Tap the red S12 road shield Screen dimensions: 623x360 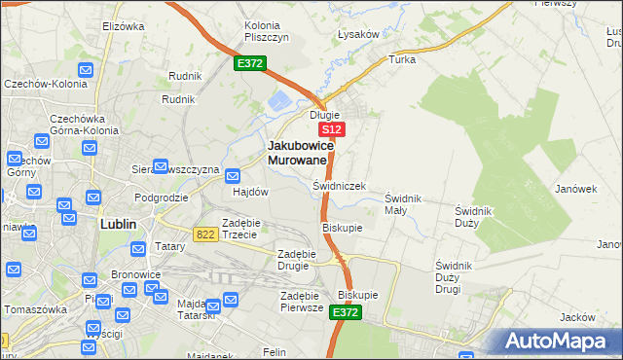(x=332, y=128)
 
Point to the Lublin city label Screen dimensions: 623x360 (x=118, y=223)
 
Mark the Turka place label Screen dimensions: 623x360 (x=402, y=59)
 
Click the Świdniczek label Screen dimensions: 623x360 (x=339, y=185)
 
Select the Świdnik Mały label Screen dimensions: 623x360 (x=402, y=203)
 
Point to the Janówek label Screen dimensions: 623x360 (x=575, y=189)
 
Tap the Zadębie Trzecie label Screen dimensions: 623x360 (x=239, y=228)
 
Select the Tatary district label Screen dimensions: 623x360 (x=170, y=247)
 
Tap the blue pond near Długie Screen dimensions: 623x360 (x=280, y=100)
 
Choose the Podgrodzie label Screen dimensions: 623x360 (x=162, y=197)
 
